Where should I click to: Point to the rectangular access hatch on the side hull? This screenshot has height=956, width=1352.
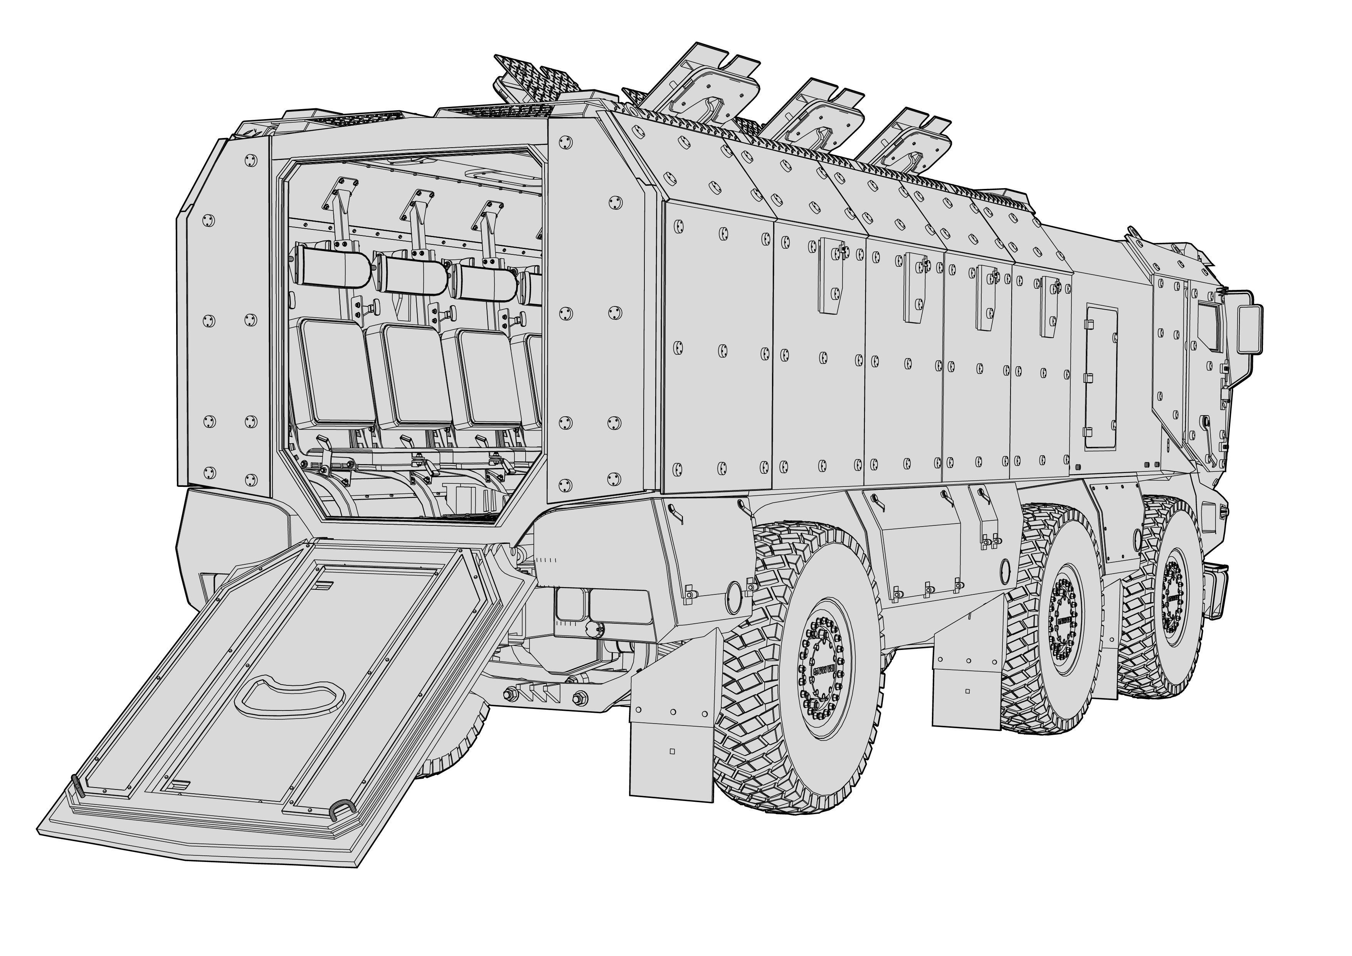point(1101,377)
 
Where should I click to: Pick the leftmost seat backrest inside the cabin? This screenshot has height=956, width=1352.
point(337,372)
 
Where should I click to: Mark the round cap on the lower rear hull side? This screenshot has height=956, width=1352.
point(734,598)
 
